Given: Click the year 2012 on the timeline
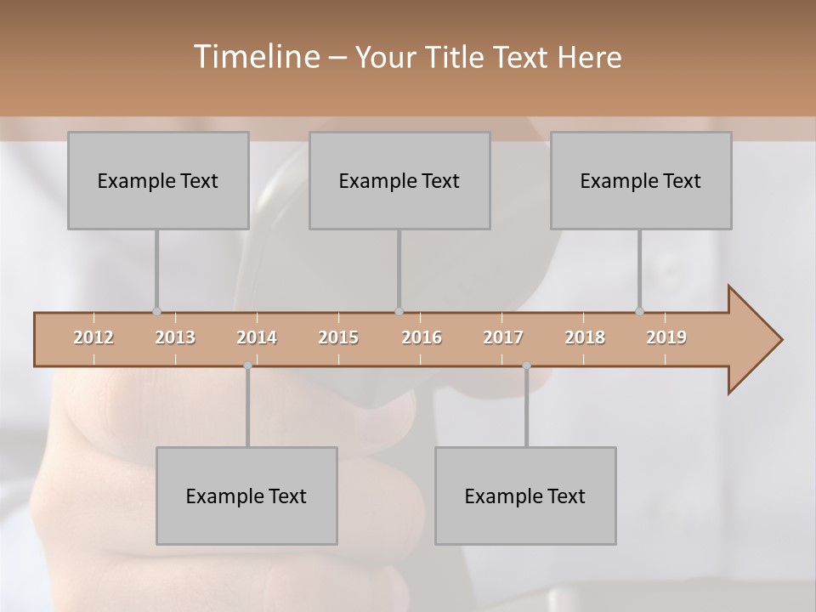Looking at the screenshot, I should pyautogui.click(x=93, y=337).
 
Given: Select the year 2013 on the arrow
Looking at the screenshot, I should pyautogui.click(x=175, y=337).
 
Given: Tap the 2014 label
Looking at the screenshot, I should pyautogui.click(x=257, y=337).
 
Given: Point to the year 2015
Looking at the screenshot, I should pyautogui.click(x=338, y=337).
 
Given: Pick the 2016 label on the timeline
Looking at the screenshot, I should pyautogui.click(x=422, y=337).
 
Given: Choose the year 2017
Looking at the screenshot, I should pyautogui.click(x=503, y=337).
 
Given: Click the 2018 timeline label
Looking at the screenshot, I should pyautogui.click(x=585, y=337).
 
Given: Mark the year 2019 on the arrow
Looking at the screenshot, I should pyautogui.click(x=666, y=337).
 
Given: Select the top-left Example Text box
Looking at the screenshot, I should pyautogui.click(x=158, y=180).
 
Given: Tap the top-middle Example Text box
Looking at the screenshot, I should pyautogui.click(x=399, y=180).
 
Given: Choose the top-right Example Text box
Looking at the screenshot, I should pyautogui.click(x=641, y=180).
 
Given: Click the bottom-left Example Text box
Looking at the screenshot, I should pyautogui.click(x=246, y=496).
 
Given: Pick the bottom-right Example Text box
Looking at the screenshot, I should pyautogui.click(x=525, y=496).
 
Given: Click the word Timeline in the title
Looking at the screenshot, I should pyautogui.click(x=254, y=57).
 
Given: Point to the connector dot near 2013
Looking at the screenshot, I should pyautogui.click(x=156, y=311).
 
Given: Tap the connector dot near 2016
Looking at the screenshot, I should pyautogui.click(x=399, y=311).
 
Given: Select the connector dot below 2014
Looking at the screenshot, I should pyautogui.click(x=247, y=365).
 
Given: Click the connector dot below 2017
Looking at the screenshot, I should pyautogui.click(x=526, y=365).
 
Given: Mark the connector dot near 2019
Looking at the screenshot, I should pyautogui.click(x=640, y=311).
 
